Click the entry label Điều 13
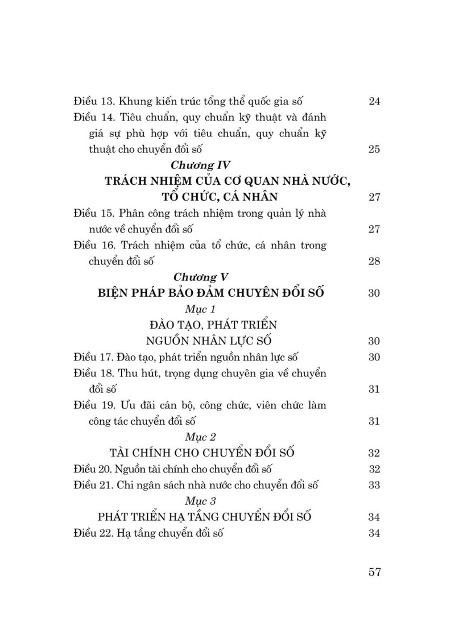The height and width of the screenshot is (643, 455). coord(93,101)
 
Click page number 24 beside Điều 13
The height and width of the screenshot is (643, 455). coord(374,101)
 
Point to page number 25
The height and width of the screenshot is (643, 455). coord(374,149)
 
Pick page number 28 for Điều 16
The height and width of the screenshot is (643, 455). coord(374,262)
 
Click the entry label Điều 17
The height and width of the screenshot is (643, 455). coord(93,357)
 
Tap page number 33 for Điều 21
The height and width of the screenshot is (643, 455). coord(374,485)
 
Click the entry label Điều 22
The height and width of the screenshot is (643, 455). coord(93,533)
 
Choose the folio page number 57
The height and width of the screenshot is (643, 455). coord(374,572)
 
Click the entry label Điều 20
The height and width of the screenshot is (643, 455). coord(93,469)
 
